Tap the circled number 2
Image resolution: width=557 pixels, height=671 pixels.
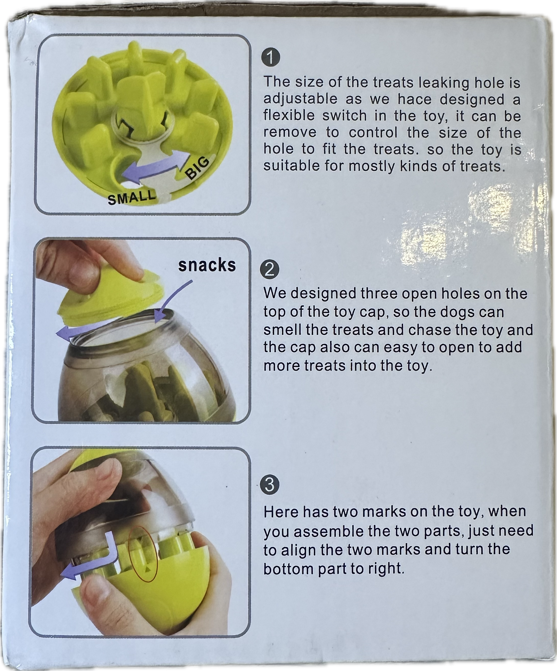pyautogui.click(x=269, y=271)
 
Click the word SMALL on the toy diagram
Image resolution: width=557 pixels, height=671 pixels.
pyautogui.click(x=131, y=197)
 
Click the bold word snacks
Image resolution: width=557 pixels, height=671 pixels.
pyautogui.click(x=207, y=265)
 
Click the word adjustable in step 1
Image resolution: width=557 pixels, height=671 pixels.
pyautogui.click(x=300, y=99)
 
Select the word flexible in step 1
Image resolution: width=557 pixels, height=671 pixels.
pyautogui.click(x=289, y=116)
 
